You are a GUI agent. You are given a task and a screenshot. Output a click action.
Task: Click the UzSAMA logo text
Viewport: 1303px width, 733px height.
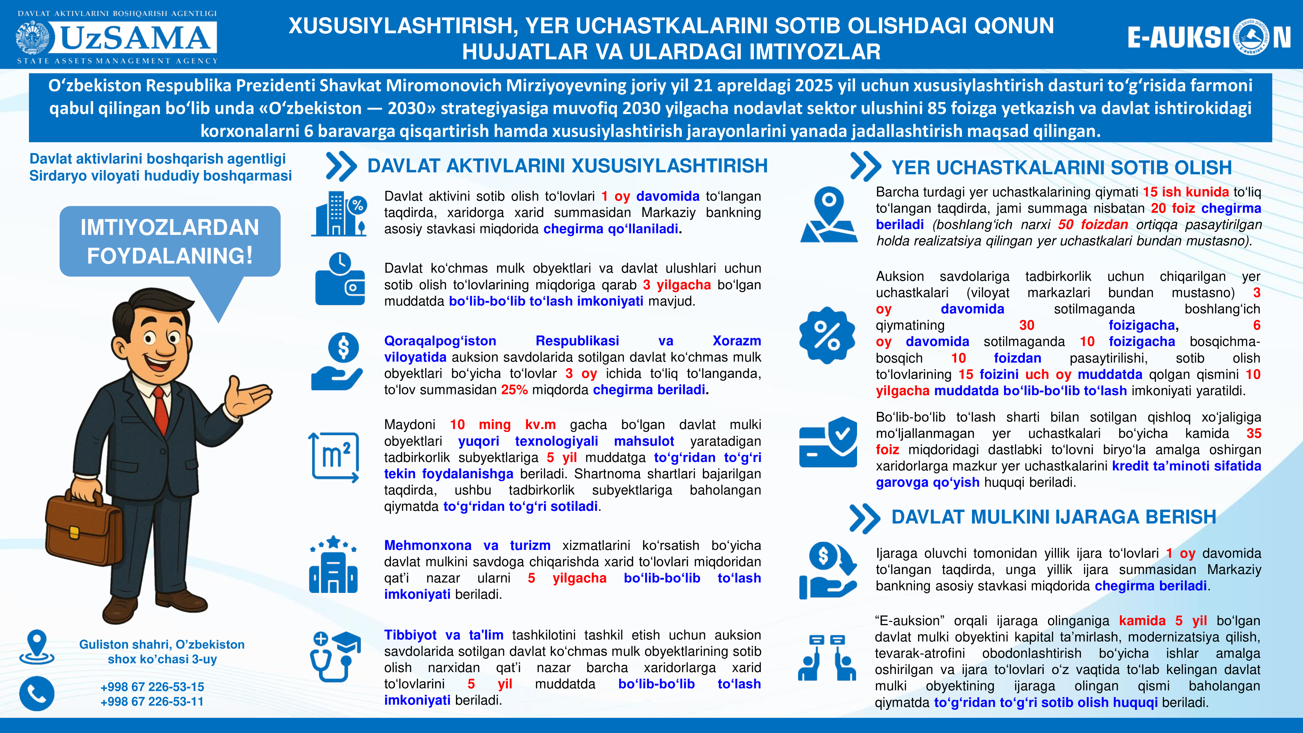click(x=136, y=38)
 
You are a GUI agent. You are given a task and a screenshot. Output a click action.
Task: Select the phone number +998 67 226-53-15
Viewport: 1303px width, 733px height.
click(x=152, y=686)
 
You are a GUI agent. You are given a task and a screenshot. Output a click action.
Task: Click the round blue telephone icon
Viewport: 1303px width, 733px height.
click(x=37, y=694)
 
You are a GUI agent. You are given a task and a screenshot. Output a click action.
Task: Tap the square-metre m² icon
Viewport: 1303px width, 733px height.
click(x=334, y=456)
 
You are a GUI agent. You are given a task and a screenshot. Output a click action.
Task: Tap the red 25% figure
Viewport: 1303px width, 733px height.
click(x=514, y=390)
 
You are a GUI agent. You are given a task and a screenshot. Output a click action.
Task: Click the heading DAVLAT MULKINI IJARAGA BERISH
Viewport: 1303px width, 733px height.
click(x=1053, y=517)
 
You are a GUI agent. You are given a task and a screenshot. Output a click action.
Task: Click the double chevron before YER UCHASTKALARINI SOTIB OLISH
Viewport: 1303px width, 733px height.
click(x=865, y=166)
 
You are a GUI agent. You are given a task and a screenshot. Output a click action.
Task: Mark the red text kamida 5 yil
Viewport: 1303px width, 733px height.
click(x=1162, y=621)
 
